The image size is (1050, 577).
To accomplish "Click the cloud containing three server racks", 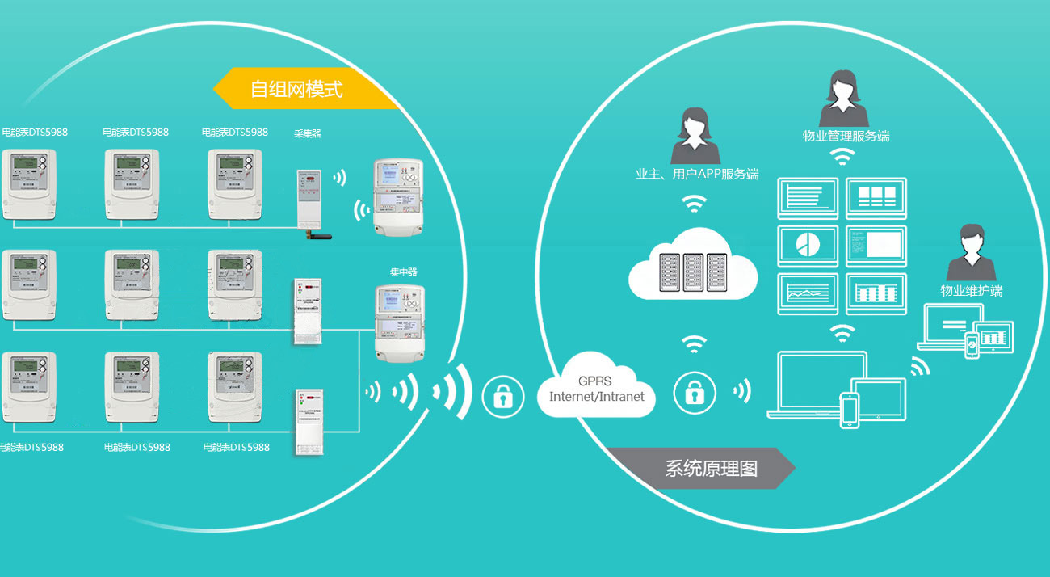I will click(x=693, y=265).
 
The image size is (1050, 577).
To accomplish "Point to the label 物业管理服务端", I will click(x=846, y=136).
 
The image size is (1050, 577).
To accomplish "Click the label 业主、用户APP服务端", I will click(x=697, y=174).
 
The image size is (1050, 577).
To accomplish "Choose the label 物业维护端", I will click(x=972, y=291).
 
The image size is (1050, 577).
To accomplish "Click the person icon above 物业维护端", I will click(x=971, y=255).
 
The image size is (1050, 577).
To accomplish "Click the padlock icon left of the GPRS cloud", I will click(x=503, y=396).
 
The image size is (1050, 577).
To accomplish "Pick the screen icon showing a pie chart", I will click(x=807, y=246).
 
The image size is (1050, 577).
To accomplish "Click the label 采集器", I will click(x=307, y=133).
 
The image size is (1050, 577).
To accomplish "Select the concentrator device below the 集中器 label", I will click(x=398, y=321).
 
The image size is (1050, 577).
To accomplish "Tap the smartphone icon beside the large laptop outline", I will click(x=849, y=410).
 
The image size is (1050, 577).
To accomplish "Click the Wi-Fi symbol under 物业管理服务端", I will click(x=843, y=156).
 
